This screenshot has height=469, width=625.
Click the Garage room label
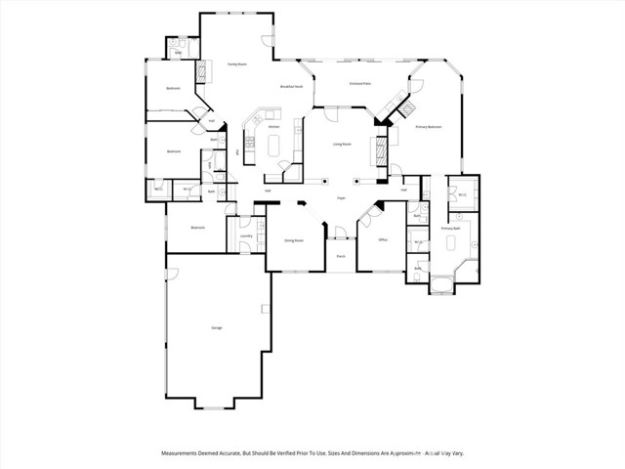coord(216,327)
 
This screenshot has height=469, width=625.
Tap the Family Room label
coord(236,64)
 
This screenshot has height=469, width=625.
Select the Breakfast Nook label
coord(288,88)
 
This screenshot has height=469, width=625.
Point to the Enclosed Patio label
coord(359,83)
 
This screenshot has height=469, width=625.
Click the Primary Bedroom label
coord(429,127)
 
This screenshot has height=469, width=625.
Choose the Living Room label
coord(342,145)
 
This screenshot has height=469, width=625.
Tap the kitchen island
coord(272,147)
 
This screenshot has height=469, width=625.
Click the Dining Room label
coord(294,239)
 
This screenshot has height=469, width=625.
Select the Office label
coord(383,239)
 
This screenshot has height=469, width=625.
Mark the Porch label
coord(341,256)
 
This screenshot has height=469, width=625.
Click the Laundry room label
coord(246,236)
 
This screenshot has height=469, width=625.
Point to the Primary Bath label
coord(450,229)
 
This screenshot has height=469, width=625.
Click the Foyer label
coord(342,198)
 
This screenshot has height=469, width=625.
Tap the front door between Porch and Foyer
coord(341,237)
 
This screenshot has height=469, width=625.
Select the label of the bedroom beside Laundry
coord(197,228)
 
